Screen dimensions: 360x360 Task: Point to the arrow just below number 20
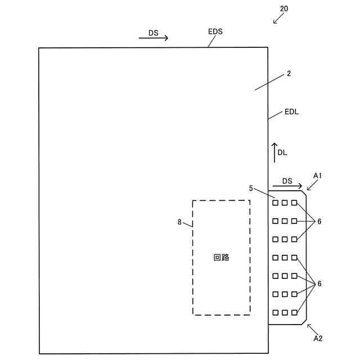[x=278, y=19]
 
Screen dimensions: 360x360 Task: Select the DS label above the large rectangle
[x=154, y=33]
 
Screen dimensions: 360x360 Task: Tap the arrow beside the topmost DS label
[x=154, y=39]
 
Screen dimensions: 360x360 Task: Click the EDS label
[x=215, y=31]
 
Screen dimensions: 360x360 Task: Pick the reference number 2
[x=289, y=74]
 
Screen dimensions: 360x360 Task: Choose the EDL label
[x=291, y=112]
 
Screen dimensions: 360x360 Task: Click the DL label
[x=282, y=152]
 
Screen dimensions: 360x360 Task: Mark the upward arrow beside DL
[x=274, y=152]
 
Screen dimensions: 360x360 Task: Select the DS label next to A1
[x=287, y=181]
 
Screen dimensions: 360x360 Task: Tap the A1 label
[x=317, y=175]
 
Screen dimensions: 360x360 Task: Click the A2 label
[x=318, y=338]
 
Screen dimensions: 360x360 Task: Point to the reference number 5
[x=251, y=188]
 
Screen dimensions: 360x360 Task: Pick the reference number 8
[x=179, y=222]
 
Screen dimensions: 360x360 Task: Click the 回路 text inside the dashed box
[x=222, y=258]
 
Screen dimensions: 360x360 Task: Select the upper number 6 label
[x=319, y=222]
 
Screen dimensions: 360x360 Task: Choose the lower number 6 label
[x=319, y=284]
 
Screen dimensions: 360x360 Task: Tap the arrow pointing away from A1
[x=312, y=186]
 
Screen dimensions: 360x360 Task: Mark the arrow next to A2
[x=312, y=328]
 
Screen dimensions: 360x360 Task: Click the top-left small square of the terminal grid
[x=275, y=202]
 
